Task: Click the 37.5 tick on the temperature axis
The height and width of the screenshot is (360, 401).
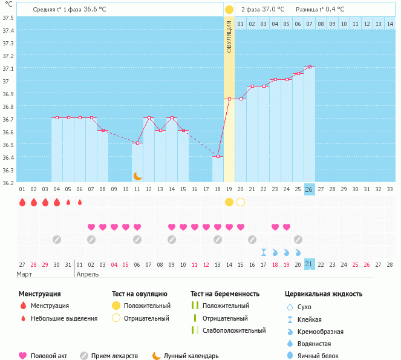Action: tap(8, 18)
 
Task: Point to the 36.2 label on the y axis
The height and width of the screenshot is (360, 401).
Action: tap(8, 182)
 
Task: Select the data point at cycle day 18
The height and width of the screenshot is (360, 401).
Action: tap(218, 156)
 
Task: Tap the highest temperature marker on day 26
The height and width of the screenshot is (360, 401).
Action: tap(310, 67)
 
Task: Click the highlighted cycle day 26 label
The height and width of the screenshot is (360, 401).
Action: tap(310, 189)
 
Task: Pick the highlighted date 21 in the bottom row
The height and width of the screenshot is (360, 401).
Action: tap(310, 264)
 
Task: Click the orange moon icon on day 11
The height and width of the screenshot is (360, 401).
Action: tap(138, 175)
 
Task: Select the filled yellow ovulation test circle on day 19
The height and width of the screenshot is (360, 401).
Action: tap(229, 201)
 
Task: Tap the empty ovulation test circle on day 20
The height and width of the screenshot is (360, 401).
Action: tap(241, 201)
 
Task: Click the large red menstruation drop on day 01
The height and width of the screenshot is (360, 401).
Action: tap(22, 202)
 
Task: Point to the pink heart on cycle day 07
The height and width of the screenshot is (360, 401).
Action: tap(91, 227)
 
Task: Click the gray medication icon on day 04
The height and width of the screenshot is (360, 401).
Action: tap(57, 240)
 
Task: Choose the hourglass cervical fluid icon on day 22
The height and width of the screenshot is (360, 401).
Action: tap(264, 252)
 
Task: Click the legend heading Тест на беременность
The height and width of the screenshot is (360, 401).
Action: tap(224, 293)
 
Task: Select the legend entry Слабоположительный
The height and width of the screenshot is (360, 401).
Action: tap(234, 330)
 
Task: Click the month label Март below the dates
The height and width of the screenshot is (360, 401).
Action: tap(25, 274)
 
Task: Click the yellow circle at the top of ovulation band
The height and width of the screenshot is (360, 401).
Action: tap(229, 10)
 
